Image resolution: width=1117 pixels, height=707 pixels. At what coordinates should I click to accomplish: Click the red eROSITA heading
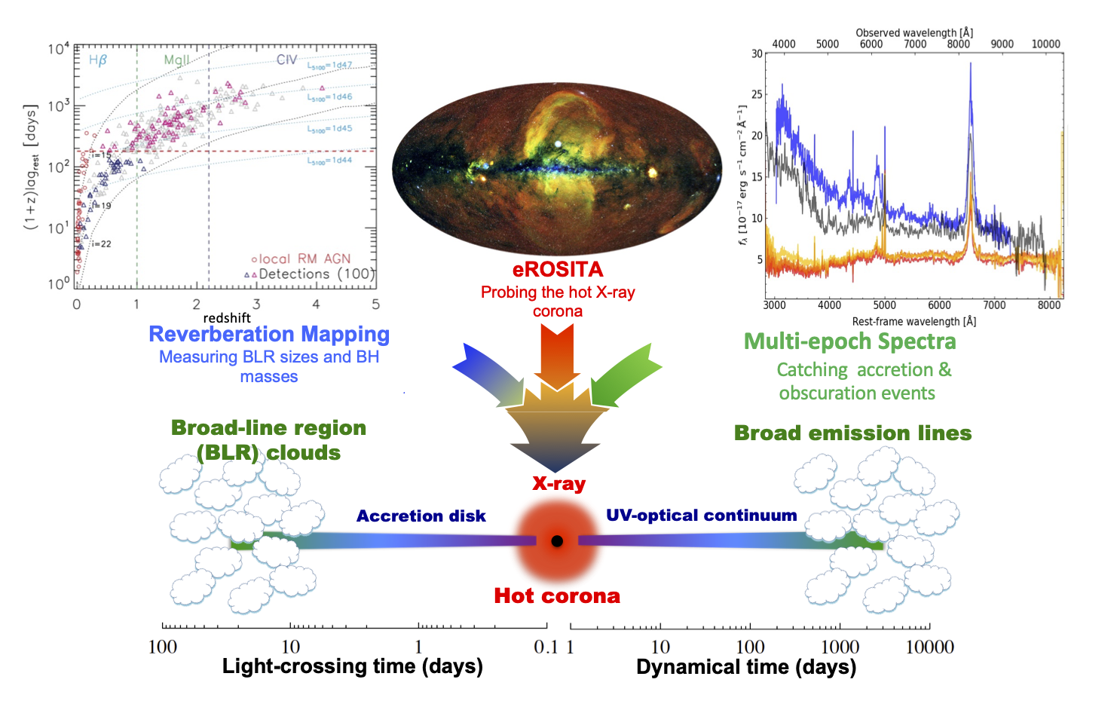[x=558, y=270]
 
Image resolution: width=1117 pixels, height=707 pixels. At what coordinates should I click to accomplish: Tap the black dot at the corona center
[x=557, y=541]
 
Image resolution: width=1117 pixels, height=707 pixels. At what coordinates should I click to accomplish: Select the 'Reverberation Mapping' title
[x=269, y=334]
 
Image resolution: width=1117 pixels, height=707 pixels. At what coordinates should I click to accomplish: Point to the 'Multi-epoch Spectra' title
[x=849, y=341]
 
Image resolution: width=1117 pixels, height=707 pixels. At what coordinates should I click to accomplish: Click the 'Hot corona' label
[x=557, y=595]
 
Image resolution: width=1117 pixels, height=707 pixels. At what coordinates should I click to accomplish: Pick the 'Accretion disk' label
[x=421, y=516]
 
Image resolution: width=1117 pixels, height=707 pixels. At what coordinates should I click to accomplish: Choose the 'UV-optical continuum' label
[x=701, y=516]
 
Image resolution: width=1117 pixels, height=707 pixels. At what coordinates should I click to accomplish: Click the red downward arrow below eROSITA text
[x=557, y=354]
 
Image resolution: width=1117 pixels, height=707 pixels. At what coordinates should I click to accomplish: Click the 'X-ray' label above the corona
[x=558, y=484]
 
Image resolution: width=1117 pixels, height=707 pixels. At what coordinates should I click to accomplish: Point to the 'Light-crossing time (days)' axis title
[x=352, y=666]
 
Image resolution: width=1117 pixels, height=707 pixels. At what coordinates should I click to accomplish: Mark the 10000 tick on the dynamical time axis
[x=929, y=647]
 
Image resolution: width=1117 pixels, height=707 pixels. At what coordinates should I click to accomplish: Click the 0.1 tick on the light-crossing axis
[x=546, y=647]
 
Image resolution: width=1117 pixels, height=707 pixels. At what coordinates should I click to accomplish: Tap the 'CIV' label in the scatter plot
[x=286, y=60]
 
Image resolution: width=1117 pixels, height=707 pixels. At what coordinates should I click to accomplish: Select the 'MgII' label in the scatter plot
[x=176, y=60]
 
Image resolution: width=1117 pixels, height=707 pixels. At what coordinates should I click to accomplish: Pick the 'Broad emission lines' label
[x=852, y=433]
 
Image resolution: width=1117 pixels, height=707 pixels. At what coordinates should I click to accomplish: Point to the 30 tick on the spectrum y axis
[x=757, y=54]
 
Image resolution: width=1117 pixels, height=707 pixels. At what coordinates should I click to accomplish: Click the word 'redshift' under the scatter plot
[x=226, y=318]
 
